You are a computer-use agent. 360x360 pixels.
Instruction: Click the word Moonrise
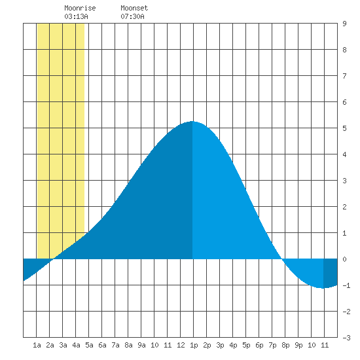click(x=80, y=8)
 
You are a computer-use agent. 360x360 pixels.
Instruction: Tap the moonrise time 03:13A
click(x=76, y=16)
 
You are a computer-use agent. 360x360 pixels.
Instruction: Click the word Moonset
click(x=134, y=8)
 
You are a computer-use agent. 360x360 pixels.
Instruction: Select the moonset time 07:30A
click(x=132, y=16)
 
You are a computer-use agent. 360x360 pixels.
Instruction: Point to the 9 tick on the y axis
click(x=344, y=24)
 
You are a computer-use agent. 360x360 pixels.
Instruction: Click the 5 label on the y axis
click(x=344, y=128)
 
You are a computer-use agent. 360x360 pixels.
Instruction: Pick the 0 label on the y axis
click(x=344, y=259)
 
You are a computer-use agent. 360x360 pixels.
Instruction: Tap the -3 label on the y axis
click(x=346, y=338)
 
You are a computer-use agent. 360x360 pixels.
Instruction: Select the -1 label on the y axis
click(x=346, y=285)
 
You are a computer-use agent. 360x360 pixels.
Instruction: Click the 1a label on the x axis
click(x=37, y=345)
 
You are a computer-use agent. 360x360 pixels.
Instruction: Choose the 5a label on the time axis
click(x=89, y=345)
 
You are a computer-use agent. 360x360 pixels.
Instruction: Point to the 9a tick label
click(x=141, y=345)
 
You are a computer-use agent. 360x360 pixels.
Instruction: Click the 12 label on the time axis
click(x=181, y=345)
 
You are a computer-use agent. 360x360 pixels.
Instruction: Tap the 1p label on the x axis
click(x=194, y=345)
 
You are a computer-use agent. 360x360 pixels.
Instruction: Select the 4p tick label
click(x=233, y=345)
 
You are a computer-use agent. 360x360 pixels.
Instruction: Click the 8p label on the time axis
click(x=285, y=345)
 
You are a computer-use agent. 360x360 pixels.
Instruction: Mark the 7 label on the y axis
click(x=344, y=76)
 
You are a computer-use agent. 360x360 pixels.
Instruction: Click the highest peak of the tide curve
click(x=192, y=121)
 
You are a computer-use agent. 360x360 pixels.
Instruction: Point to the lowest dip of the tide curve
click(x=323, y=288)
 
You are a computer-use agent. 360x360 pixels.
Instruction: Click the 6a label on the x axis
click(x=102, y=345)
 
